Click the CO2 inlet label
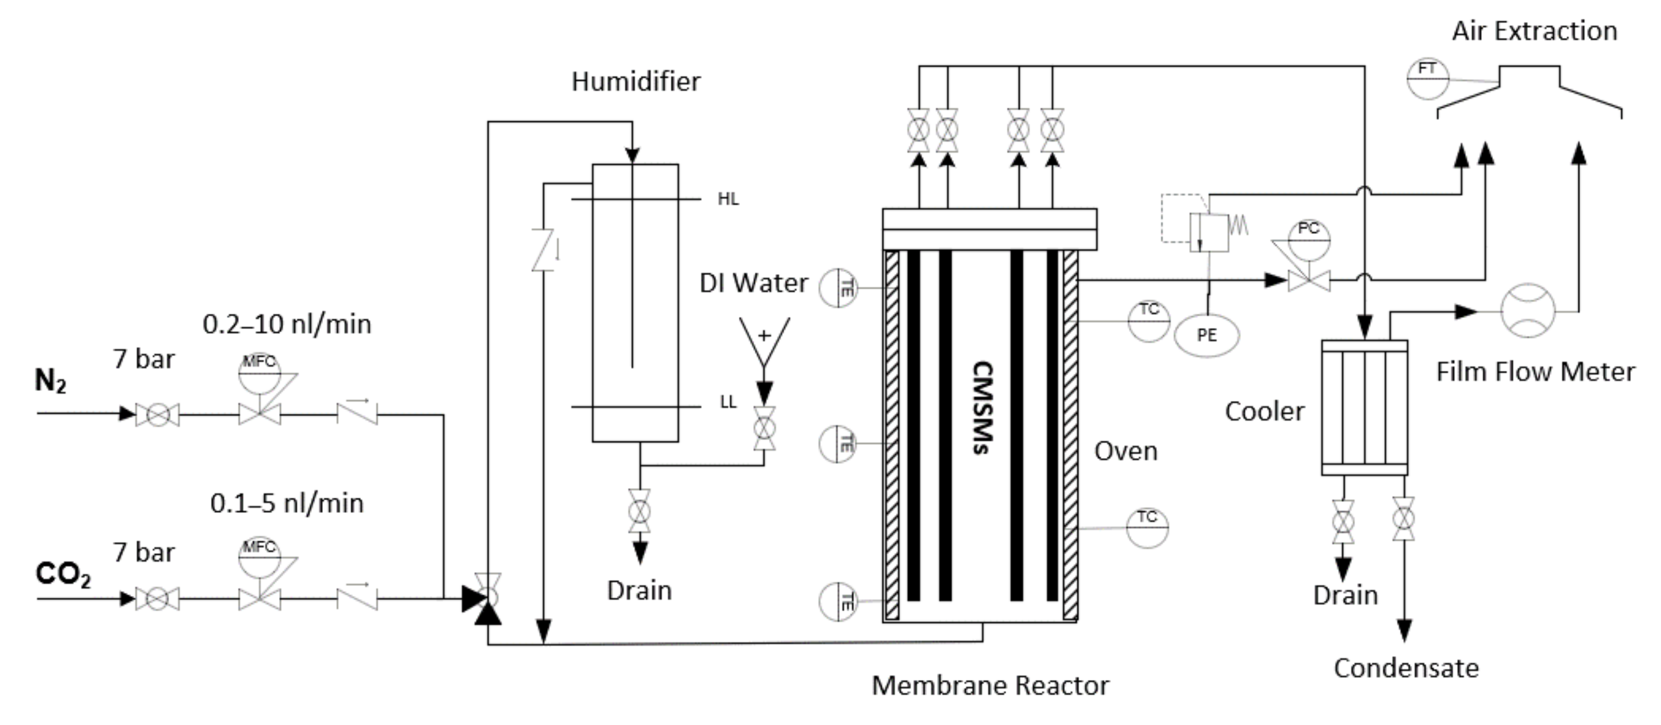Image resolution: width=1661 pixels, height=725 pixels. [63, 573]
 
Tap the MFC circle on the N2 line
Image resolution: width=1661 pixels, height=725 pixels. [259, 372]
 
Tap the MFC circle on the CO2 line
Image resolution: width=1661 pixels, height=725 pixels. [259, 557]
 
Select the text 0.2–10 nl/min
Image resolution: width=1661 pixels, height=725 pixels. [287, 324]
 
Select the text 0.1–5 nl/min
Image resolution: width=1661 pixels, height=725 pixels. [287, 503]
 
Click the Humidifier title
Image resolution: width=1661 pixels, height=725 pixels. [636, 82]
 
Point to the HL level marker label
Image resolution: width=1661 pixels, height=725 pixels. [728, 199]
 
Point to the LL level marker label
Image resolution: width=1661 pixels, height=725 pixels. [728, 403]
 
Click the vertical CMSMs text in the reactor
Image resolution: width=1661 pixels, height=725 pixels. [982, 408]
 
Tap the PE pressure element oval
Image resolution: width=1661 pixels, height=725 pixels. [1206, 336]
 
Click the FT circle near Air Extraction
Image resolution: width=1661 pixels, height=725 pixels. [1427, 79]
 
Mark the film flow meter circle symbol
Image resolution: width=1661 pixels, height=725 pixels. [1528, 311]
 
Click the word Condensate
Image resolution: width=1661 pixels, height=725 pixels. [1406, 668]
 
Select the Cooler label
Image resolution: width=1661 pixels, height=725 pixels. [1264, 411]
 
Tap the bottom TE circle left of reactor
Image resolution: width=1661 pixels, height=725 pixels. [838, 601]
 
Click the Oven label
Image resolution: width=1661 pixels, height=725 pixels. [1126, 451]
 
